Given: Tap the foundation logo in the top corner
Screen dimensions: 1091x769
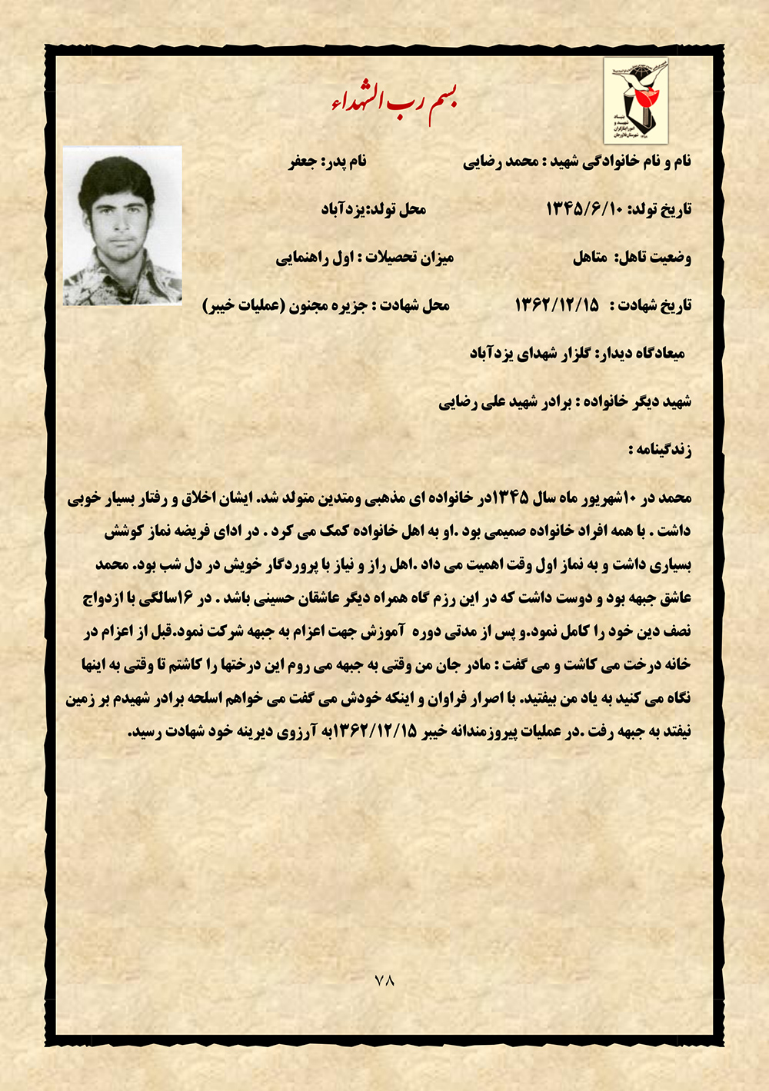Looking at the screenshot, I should click(635, 100).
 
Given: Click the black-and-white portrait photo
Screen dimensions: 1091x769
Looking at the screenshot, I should click(123, 226).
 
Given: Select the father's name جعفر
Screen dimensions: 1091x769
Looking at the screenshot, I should click(304, 161).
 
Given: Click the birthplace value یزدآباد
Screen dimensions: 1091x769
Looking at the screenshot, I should click(341, 209).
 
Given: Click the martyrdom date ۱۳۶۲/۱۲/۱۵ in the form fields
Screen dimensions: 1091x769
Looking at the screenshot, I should click(557, 305).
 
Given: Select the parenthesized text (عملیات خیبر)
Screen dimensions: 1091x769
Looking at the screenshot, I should click(245, 305).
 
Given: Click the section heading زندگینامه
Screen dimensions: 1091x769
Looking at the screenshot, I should click(660, 450).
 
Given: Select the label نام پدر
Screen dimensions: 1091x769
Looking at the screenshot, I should click(347, 161).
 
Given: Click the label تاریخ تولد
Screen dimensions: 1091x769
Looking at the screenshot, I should click(661, 209).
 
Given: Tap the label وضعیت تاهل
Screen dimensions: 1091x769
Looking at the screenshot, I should click(654, 258).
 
